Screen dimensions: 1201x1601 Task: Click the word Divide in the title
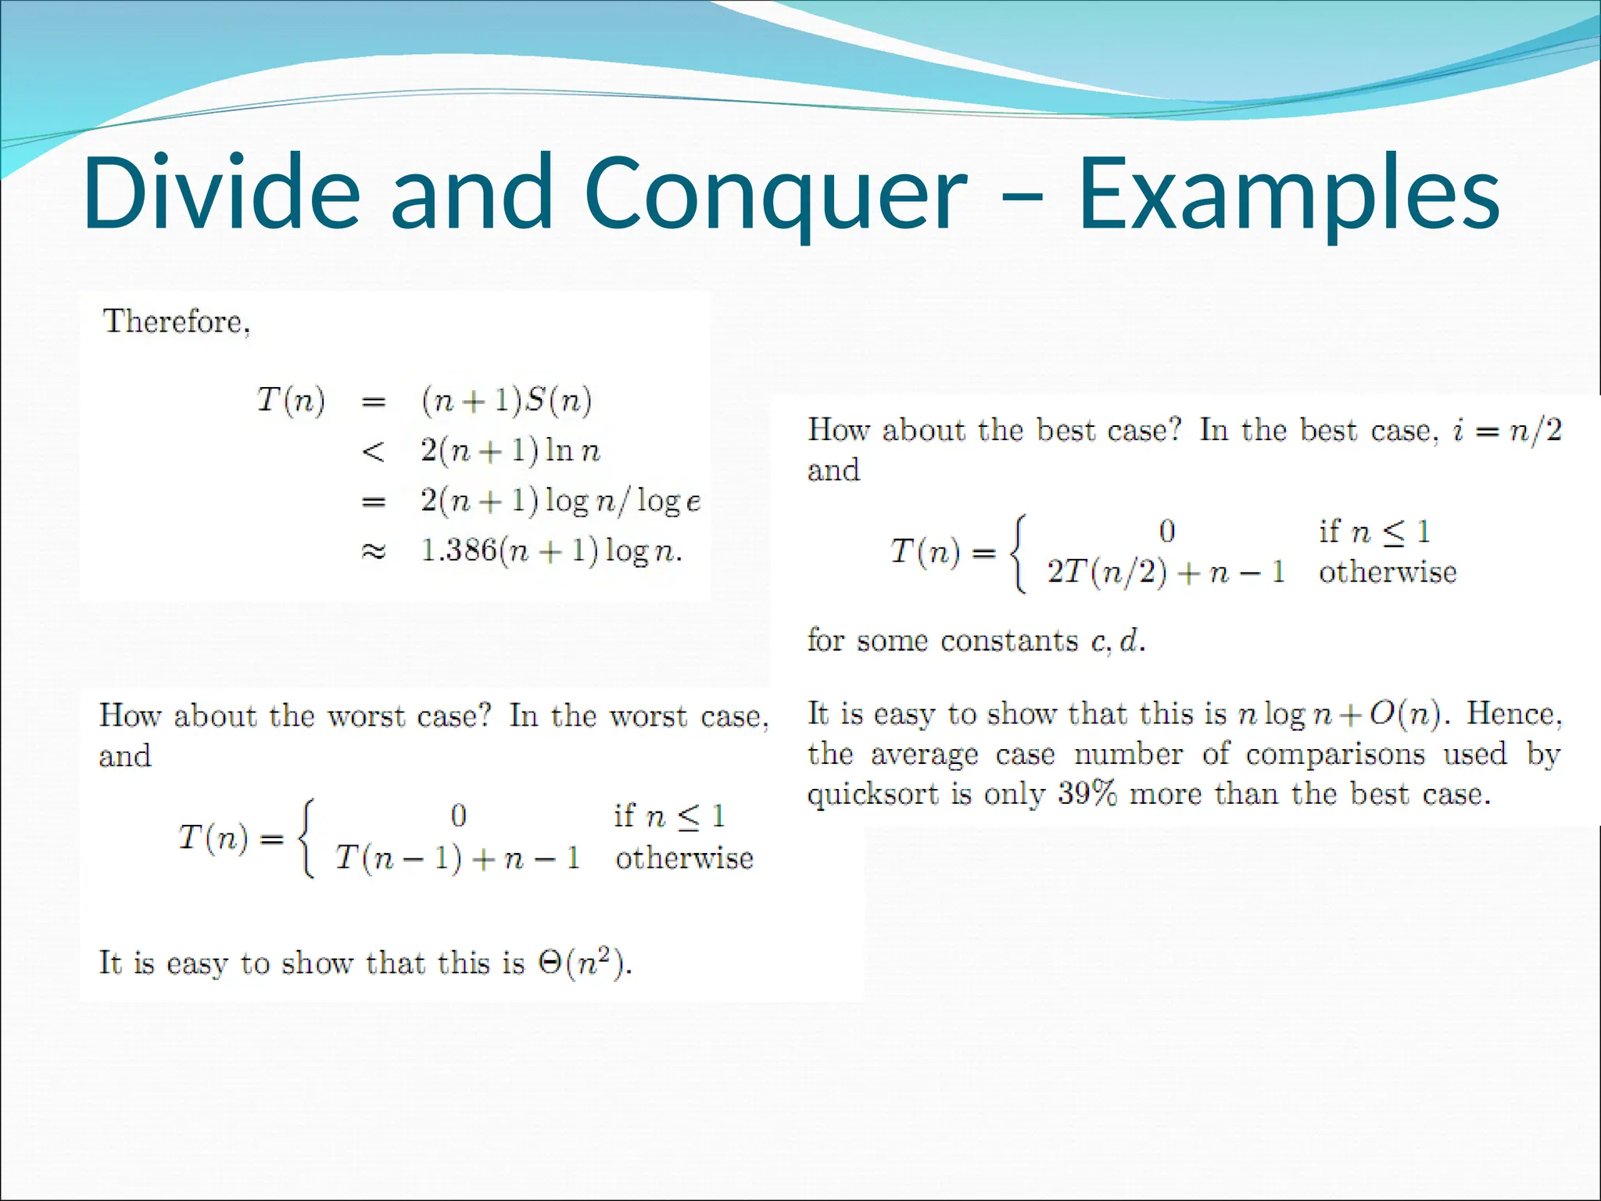coord(221,193)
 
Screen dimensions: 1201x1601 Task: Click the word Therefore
coord(177,321)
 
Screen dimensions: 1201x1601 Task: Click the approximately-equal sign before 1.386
coord(374,551)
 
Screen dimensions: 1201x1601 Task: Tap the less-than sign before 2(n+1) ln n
coord(374,451)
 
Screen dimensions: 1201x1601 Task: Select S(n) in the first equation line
coord(558,400)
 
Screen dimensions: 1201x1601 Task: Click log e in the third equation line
coord(669,501)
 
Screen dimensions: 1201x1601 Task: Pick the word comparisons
coord(1335,755)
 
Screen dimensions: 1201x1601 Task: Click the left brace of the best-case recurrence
coord(1017,552)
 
